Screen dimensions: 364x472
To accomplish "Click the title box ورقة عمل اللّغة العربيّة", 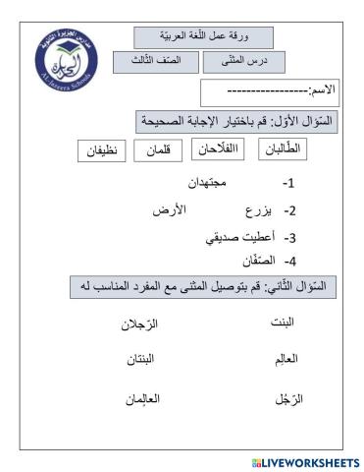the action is point(203,36).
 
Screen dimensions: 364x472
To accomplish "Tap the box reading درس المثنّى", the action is point(236,63).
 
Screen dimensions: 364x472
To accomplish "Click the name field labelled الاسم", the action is point(268,91).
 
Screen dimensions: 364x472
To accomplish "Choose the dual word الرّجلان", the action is point(144,323).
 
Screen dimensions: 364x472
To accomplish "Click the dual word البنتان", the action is point(144,361).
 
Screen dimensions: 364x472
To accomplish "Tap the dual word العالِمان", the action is point(143,399).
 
